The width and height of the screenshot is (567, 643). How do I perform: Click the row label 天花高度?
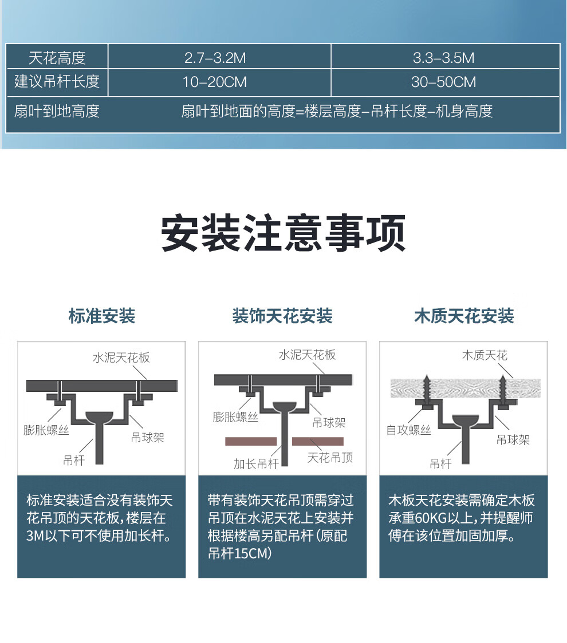pos(57,58)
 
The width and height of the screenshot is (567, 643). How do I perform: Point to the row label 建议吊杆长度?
pos(57,81)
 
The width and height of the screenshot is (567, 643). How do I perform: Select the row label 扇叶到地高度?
pos(57,111)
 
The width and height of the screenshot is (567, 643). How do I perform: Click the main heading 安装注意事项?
pos(283,232)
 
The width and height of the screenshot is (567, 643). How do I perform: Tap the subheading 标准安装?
pos(102,316)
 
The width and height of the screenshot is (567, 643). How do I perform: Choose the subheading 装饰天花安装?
pos(282,316)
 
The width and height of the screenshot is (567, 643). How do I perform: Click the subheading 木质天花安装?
pos(464,316)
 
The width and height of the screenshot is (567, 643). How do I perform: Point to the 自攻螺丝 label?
pos(408,430)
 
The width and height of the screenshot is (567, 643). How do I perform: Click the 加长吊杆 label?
pos(256,464)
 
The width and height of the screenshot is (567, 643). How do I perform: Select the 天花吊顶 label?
pos(330,457)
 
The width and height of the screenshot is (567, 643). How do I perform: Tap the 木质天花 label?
pos(485,355)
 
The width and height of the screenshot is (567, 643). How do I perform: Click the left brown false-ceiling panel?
pos(251,441)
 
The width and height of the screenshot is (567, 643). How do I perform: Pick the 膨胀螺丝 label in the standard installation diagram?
pos(46,430)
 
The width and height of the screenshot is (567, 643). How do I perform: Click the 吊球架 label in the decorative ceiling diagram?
pos(329,422)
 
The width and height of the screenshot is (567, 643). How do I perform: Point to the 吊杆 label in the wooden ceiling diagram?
pos(440,464)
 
